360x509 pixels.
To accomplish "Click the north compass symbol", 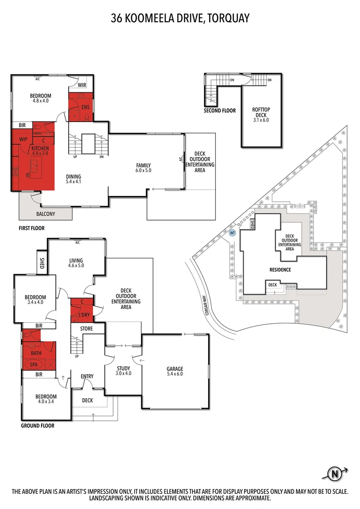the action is (335, 473).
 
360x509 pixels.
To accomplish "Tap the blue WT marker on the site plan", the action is (232, 232).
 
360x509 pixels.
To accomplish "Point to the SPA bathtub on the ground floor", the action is (34, 364).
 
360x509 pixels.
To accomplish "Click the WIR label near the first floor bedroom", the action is (82, 85).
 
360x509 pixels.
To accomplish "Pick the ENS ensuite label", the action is (85, 107).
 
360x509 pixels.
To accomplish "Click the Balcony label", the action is (45, 214).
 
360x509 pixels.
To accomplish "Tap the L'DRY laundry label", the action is (84, 315).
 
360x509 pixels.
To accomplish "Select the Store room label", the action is (87, 328).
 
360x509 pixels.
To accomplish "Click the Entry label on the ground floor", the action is (87, 376).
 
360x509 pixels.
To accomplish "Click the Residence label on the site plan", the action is (280, 270).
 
